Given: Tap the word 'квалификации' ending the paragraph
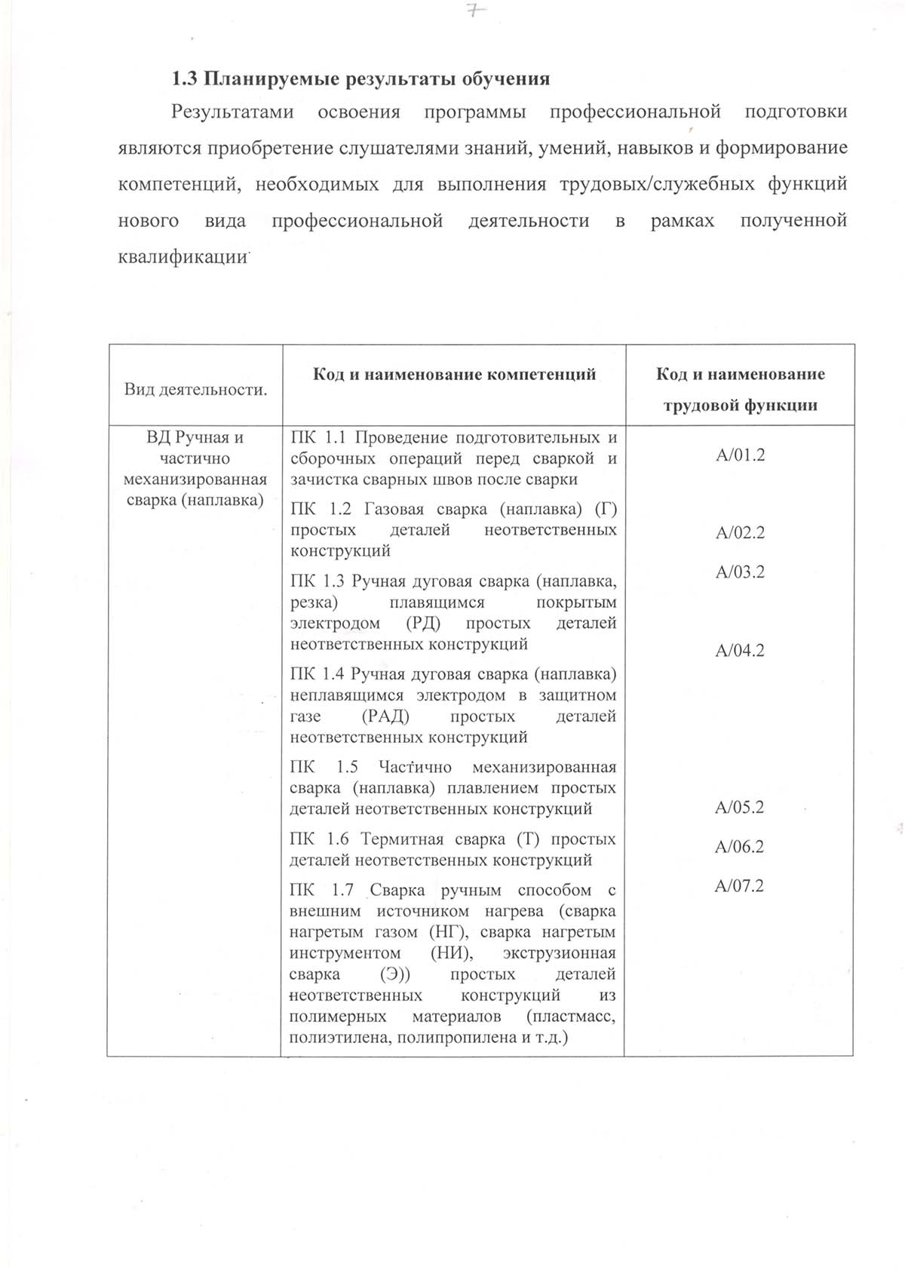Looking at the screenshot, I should [x=183, y=257].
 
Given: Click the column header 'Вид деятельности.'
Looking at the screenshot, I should [x=195, y=390].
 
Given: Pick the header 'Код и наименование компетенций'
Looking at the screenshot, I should [x=455, y=374].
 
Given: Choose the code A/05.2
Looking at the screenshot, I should [x=740, y=807].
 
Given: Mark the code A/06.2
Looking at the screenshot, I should [x=740, y=846].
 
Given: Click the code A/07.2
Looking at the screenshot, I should [x=740, y=885].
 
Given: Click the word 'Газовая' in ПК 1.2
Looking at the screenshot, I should [x=393, y=509].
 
